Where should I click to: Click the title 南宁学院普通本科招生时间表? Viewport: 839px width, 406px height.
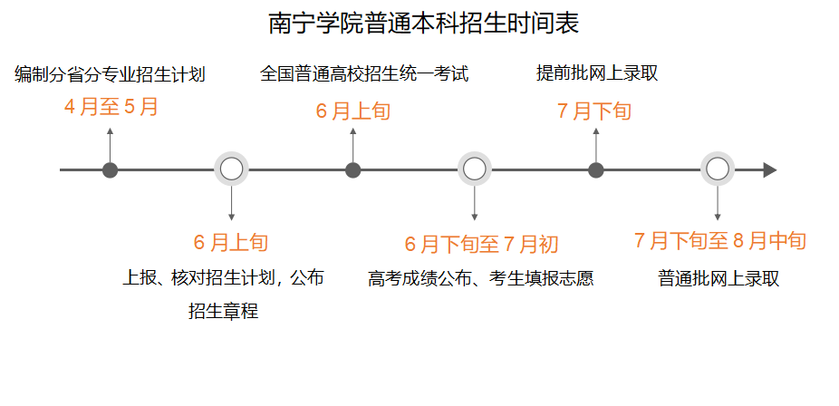(x=424, y=24)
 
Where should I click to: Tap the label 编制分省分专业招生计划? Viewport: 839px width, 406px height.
(x=111, y=74)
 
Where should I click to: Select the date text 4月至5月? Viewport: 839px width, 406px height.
(x=111, y=108)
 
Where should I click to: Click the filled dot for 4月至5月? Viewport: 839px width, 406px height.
(x=111, y=169)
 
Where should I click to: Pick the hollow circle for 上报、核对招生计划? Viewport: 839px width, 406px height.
(x=232, y=169)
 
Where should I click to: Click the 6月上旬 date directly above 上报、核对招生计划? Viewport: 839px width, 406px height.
(x=231, y=243)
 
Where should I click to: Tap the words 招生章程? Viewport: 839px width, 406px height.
(x=224, y=311)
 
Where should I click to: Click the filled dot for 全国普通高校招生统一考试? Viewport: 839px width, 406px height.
(x=353, y=169)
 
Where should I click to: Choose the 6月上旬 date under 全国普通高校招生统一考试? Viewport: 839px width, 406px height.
(x=353, y=111)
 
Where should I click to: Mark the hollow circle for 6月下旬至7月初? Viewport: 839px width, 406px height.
(x=475, y=169)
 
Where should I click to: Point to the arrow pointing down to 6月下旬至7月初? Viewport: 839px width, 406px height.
(x=475, y=204)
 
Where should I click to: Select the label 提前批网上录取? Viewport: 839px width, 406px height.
(x=597, y=73)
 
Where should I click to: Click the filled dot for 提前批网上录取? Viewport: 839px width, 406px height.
(x=596, y=169)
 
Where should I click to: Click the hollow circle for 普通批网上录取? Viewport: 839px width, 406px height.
(x=718, y=169)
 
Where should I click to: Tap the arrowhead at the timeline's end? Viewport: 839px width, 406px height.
(x=770, y=169)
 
